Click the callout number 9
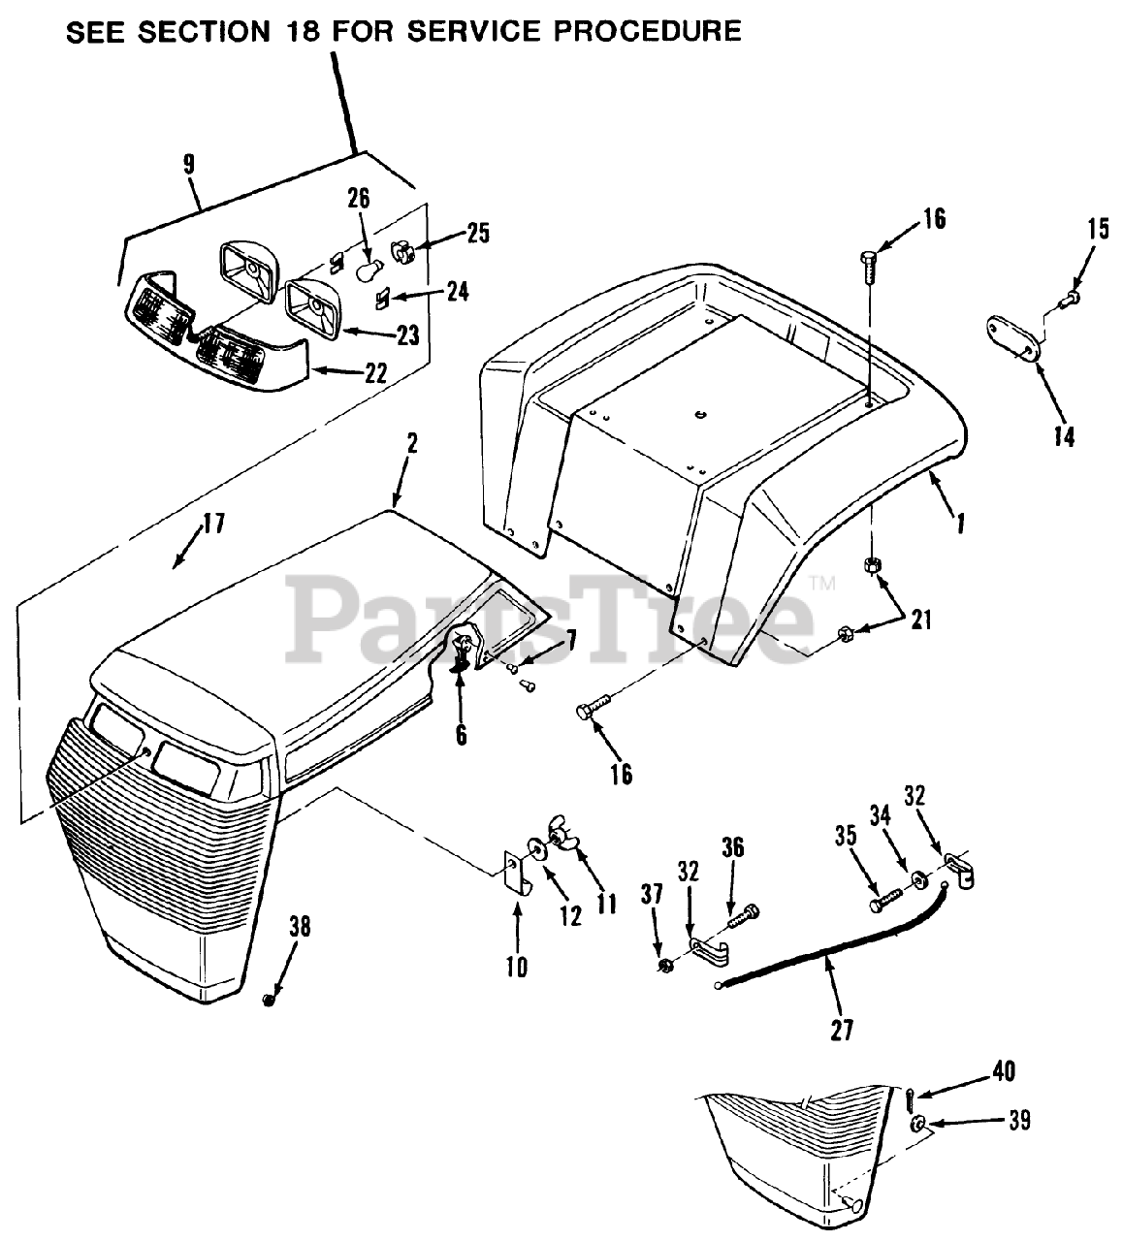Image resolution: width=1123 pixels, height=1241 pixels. [188, 163]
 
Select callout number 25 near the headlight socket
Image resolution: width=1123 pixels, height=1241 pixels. [477, 233]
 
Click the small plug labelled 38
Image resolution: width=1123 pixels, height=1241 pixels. [270, 999]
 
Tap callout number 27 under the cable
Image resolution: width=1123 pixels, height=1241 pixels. [842, 1029]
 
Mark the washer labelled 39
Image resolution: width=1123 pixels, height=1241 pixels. [917, 1126]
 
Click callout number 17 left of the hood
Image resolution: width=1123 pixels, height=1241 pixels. [213, 525]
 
